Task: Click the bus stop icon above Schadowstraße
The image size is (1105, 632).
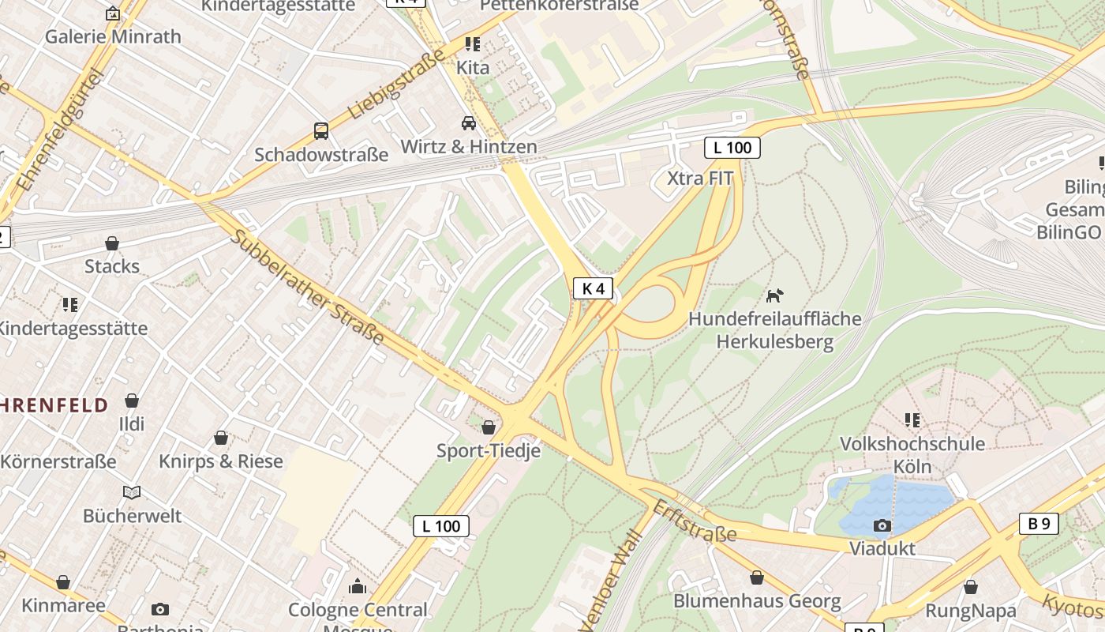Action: pos(320,130)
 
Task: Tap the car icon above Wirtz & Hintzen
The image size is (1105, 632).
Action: pos(469,123)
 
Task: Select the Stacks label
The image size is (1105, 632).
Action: pos(112,265)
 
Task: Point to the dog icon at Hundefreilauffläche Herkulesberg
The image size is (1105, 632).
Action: pos(774,296)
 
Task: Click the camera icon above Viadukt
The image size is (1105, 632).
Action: pos(882,525)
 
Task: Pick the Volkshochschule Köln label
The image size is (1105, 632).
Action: pos(912,454)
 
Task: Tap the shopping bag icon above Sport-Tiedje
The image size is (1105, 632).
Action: pos(489,427)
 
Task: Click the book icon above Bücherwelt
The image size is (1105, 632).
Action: pos(132,493)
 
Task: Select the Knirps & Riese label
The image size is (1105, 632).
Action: pos(221,461)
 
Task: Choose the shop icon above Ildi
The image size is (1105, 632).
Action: pos(132,401)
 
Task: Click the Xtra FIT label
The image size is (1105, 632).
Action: pos(700,178)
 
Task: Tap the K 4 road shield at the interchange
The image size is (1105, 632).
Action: pos(593,288)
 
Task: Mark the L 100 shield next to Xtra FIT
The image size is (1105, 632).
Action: pos(732,147)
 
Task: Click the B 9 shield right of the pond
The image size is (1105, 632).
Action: pos(1039,523)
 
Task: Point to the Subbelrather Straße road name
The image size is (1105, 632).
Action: pos(308,288)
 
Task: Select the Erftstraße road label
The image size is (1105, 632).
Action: pos(694,522)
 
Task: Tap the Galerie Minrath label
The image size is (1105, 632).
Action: pos(113,36)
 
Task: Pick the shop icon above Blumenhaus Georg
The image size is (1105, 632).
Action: pos(757,578)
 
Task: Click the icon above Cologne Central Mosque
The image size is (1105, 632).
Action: pos(358,586)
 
